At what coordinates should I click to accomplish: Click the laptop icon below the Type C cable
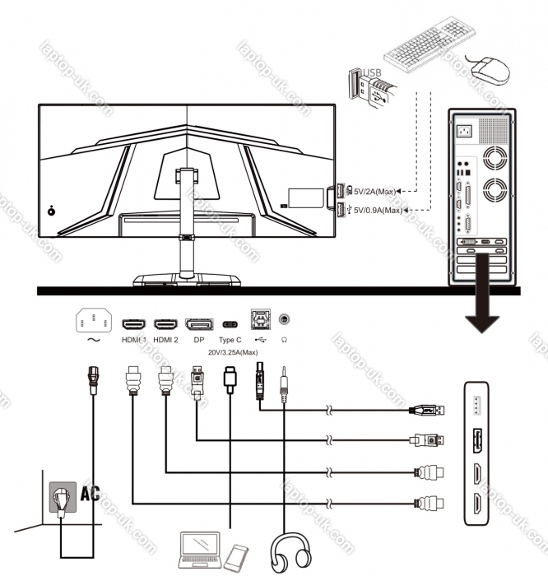pyautogui.click(x=200, y=550)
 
